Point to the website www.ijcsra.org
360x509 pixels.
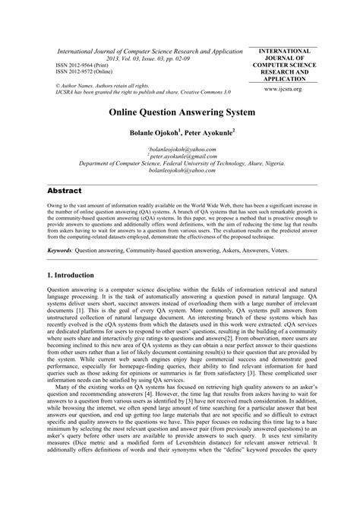(302, 89)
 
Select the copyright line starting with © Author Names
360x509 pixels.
(97, 87)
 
